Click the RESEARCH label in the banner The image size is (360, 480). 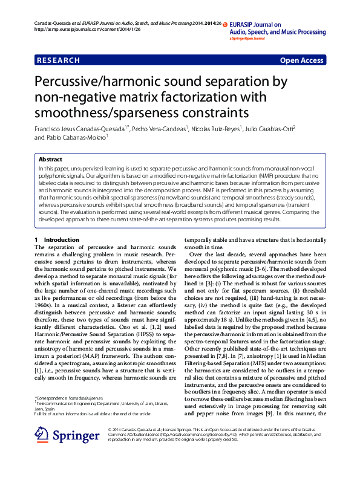(58, 60)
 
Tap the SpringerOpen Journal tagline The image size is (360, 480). (247, 39)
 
